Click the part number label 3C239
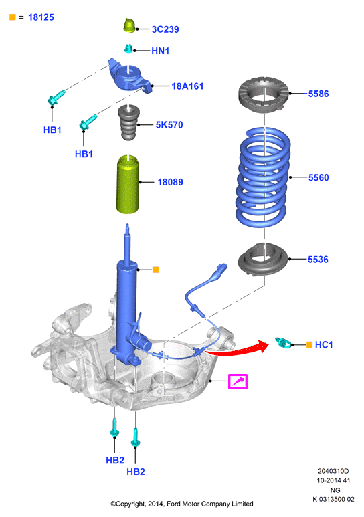(165, 29)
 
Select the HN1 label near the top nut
(161, 51)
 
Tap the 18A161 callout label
(187, 86)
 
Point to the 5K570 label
(169, 124)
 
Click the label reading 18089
(170, 182)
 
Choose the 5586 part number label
(318, 94)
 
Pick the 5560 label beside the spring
(318, 177)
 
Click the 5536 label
(318, 259)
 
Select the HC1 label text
(324, 345)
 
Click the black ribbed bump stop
(128, 122)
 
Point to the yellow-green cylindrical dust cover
(128, 185)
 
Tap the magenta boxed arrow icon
(238, 381)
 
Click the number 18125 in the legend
(41, 17)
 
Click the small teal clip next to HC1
(284, 343)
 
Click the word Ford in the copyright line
(174, 504)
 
